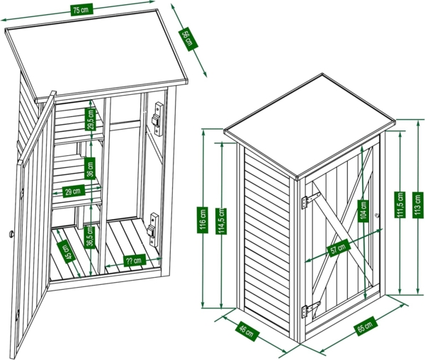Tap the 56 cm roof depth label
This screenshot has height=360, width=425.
(x=188, y=39)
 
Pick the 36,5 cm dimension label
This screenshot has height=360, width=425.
(x=91, y=235)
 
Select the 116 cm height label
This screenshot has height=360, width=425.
(x=203, y=217)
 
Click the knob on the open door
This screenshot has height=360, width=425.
(x=11, y=233)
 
